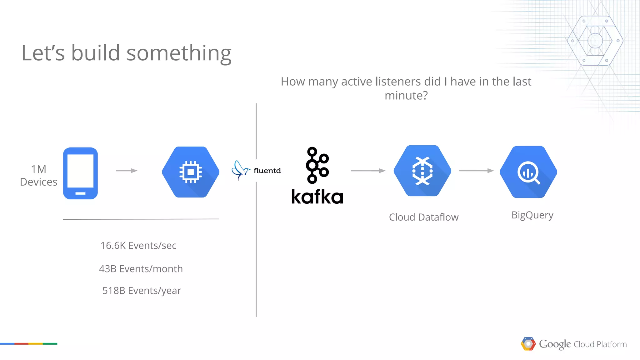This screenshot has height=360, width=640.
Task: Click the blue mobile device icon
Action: point(80,173)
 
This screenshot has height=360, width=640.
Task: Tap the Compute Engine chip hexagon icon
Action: point(191,172)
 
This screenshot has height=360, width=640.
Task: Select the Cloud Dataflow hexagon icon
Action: point(422,171)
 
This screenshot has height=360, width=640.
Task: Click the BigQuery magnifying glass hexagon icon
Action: point(528,172)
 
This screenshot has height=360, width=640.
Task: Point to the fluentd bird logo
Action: point(240,170)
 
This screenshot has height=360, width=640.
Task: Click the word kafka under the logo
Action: point(317,197)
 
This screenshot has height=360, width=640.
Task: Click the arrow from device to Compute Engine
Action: point(127,171)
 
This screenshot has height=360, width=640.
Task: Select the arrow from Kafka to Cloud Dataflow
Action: point(368,171)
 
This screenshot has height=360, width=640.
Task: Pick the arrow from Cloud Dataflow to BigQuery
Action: point(476,171)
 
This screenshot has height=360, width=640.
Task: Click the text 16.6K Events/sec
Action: point(138,246)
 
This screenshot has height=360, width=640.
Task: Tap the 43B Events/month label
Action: point(141,269)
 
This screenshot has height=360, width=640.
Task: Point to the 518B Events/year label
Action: point(142,291)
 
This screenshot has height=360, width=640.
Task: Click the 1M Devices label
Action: point(39,176)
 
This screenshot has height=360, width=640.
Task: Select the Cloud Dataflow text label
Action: point(423,217)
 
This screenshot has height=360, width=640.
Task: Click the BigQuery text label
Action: point(532,215)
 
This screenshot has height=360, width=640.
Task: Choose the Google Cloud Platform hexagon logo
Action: point(528,344)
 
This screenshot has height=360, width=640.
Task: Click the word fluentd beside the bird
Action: point(267,171)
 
